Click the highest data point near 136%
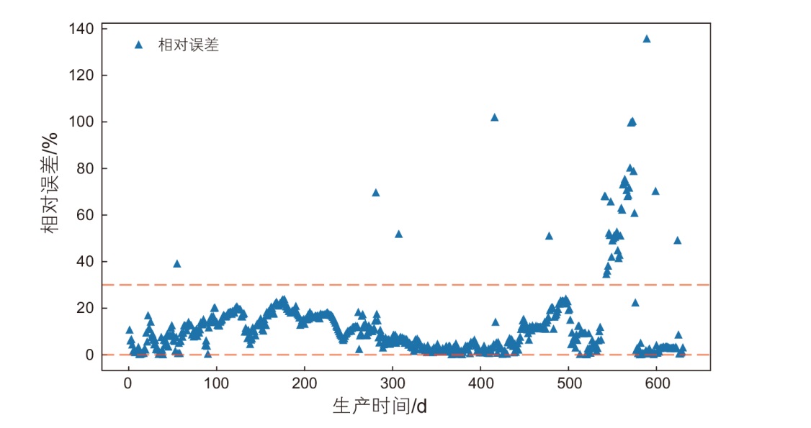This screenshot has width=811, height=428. [646, 39]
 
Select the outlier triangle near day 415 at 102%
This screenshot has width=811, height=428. [494, 117]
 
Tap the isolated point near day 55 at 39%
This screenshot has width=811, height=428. [176, 264]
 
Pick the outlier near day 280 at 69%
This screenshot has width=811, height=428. [375, 193]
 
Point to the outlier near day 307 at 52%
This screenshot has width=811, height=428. [398, 234]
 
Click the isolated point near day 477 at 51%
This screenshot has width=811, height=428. [549, 236]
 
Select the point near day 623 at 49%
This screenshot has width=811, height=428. [677, 240]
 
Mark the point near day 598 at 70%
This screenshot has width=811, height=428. [655, 191]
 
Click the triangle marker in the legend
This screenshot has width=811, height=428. [139, 45]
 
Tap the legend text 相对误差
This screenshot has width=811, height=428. [188, 45]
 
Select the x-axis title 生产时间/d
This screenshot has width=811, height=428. [380, 406]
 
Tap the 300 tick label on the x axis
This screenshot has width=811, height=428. [393, 383]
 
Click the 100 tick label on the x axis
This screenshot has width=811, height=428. [216, 383]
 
